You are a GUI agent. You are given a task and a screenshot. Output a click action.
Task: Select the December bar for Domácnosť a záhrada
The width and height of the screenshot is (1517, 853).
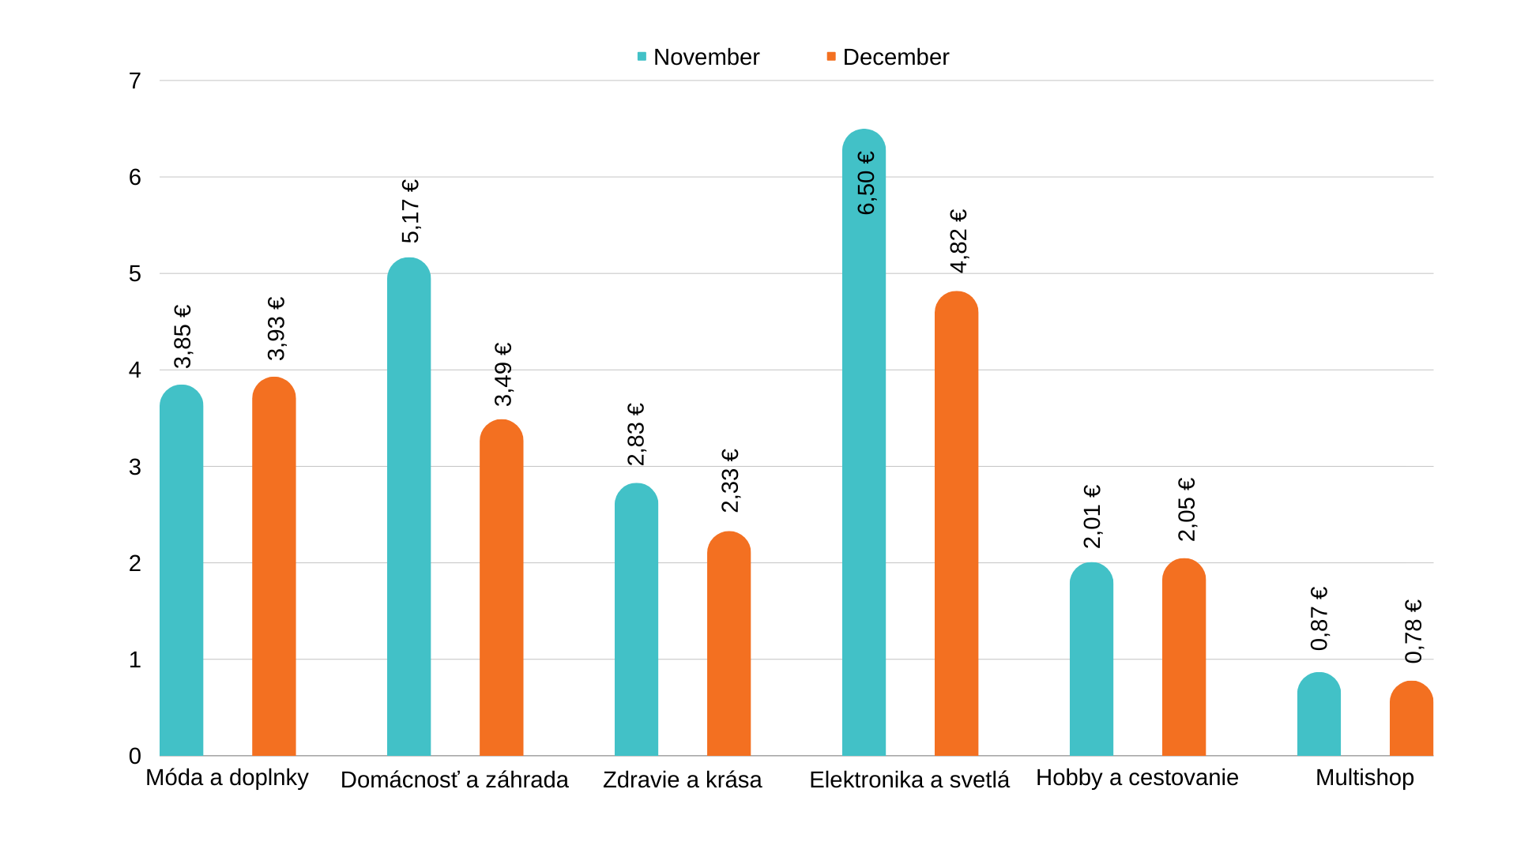pyautogui.click(x=501, y=588)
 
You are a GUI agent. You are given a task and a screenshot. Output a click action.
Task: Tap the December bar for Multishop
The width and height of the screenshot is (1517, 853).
pyautogui.click(x=1411, y=719)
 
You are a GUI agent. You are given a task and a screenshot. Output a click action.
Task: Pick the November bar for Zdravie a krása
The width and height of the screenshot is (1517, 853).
pyautogui.click(x=636, y=620)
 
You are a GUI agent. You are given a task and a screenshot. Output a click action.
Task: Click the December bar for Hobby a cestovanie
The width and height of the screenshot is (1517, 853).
pyautogui.click(x=1184, y=657)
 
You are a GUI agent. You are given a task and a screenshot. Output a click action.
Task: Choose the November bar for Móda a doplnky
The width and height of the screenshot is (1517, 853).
pyautogui.click(x=181, y=570)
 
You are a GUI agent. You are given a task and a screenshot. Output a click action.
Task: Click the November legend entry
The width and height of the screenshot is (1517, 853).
pyautogui.click(x=698, y=57)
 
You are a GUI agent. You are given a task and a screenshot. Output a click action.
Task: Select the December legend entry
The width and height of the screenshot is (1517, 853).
pyautogui.click(x=888, y=57)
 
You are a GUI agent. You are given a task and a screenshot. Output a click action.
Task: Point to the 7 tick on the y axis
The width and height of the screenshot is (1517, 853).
pyautogui.click(x=135, y=81)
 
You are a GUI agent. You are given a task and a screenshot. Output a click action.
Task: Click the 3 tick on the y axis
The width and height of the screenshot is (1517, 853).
pyautogui.click(x=135, y=467)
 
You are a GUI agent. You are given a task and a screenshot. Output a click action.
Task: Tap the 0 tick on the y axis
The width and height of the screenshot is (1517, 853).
pyautogui.click(x=135, y=756)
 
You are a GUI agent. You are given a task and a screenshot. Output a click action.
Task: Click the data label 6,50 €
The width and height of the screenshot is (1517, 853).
pyautogui.click(x=866, y=182)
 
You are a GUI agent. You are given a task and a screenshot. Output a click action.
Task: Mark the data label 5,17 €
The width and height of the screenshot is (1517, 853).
pyautogui.click(x=410, y=211)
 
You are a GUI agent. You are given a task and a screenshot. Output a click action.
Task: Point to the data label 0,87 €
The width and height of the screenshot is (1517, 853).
pyautogui.click(x=1319, y=618)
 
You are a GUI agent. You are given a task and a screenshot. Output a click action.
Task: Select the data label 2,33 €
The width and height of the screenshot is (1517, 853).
pyautogui.click(x=730, y=480)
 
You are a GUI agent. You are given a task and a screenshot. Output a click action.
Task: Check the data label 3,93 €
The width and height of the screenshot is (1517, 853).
pyautogui.click(x=276, y=329)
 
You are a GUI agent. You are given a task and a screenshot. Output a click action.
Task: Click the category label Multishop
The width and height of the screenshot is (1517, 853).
pyautogui.click(x=1365, y=777)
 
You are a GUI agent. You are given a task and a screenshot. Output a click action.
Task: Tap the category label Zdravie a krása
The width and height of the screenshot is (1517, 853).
pyautogui.click(x=682, y=780)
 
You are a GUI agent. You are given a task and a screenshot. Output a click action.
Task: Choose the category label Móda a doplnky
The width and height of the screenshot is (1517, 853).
pyautogui.click(x=227, y=777)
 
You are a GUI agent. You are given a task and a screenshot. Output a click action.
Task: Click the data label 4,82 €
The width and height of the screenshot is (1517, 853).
pyautogui.click(x=958, y=241)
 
